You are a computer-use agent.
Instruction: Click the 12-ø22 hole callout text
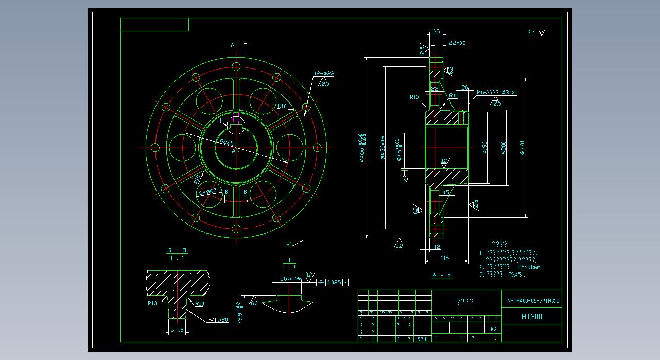tap(324, 74)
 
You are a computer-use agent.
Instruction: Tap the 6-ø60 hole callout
tap(209, 192)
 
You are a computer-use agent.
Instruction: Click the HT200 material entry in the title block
tap(532, 317)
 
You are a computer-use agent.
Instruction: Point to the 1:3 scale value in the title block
tap(493, 329)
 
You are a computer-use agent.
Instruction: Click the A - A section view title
tap(442, 276)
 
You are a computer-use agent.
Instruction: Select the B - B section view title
tap(177, 251)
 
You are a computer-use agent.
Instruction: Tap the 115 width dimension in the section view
tap(445, 258)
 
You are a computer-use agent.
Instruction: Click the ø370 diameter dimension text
tap(523, 148)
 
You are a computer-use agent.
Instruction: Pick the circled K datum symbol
tap(404, 179)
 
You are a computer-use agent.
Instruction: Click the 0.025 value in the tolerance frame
tap(334, 282)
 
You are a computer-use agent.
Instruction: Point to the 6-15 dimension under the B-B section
tap(177, 330)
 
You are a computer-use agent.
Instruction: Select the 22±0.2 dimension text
tap(457, 43)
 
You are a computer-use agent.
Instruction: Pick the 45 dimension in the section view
tap(446, 192)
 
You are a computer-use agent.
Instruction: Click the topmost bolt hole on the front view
tap(236, 66)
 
